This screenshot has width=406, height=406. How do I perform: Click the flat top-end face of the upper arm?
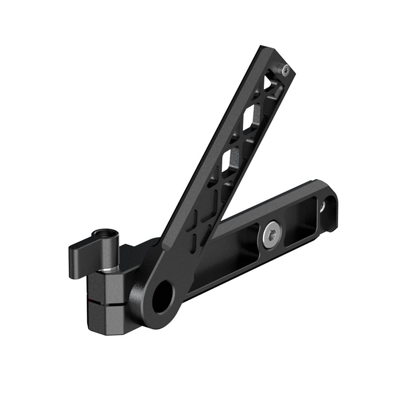276,57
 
